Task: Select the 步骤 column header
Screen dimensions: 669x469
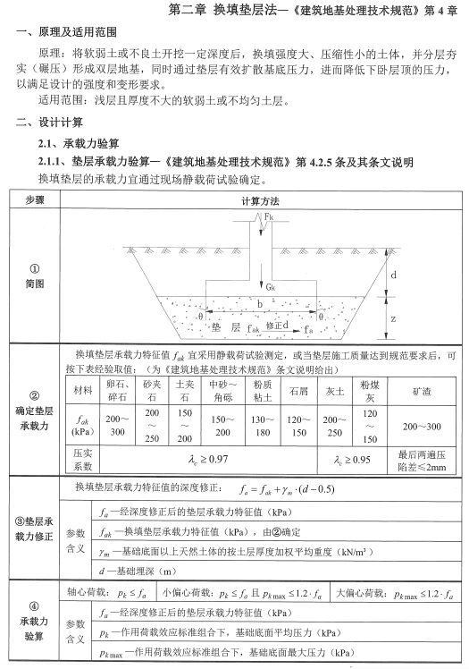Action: pyautogui.click(x=34, y=201)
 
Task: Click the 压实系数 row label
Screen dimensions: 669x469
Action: pyautogui.click(x=83, y=460)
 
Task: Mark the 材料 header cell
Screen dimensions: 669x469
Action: pyautogui.click(x=83, y=391)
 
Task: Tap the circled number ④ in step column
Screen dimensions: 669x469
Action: pyautogui.click(x=34, y=602)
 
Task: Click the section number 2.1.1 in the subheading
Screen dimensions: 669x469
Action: pyautogui.click(x=54, y=162)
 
